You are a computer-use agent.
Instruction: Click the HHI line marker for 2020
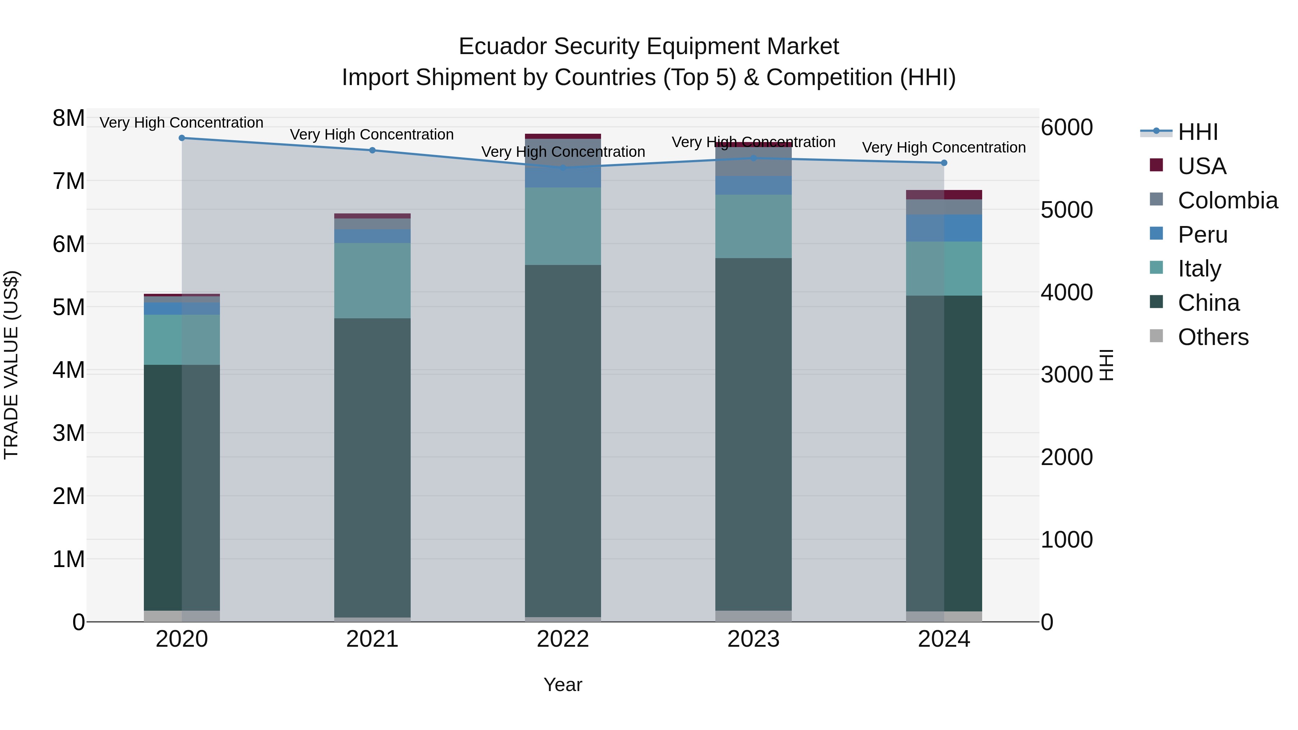click(x=182, y=138)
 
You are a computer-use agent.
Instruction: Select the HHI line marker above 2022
click(x=563, y=167)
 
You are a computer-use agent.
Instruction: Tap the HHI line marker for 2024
click(x=944, y=163)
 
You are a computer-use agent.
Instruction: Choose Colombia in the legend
click(x=1227, y=200)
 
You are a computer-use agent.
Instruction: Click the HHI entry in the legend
click(x=1198, y=132)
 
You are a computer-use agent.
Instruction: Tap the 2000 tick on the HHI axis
click(x=1067, y=457)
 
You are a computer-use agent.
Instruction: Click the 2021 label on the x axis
click(x=372, y=639)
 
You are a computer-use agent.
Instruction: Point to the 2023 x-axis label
click(x=753, y=639)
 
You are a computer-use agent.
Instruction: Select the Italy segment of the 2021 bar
click(x=372, y=280)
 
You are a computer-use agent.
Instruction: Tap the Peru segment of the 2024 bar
click(x=944, y=228)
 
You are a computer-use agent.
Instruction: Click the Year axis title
click(x=563, y=685)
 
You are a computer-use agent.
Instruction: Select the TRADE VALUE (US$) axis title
click(x=11, y=365)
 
